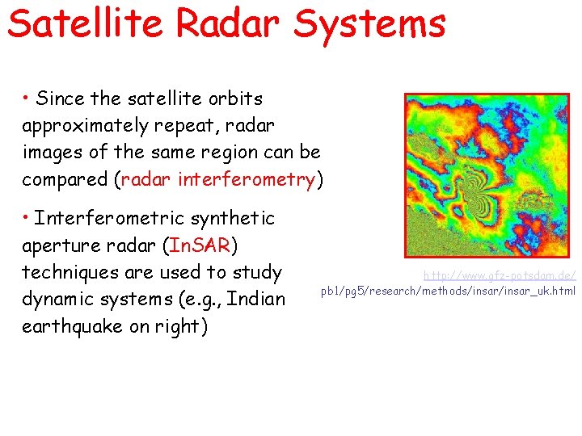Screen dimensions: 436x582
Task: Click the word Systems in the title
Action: (x=369, y=23)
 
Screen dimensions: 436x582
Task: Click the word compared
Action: (x=67, y=179)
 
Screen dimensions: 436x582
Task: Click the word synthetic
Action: (x=234, y=219)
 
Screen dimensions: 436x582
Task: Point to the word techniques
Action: (x=71, y=272)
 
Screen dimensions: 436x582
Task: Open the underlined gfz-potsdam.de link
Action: (x=500, y=275)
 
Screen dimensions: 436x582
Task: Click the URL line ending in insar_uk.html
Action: (x=449, y=291)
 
